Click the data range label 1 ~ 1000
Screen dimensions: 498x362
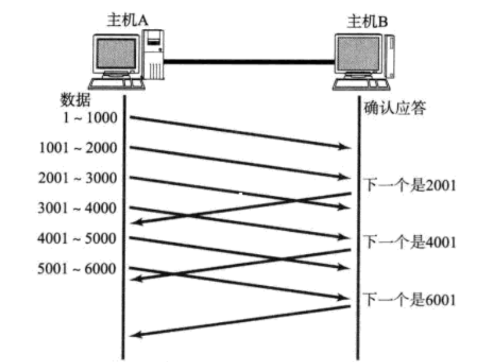coord(88,117)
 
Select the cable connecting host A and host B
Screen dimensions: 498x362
coord(249,60)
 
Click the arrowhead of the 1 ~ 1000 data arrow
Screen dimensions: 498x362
coord(347,146)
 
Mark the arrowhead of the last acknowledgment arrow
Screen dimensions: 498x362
coord(136,336)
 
